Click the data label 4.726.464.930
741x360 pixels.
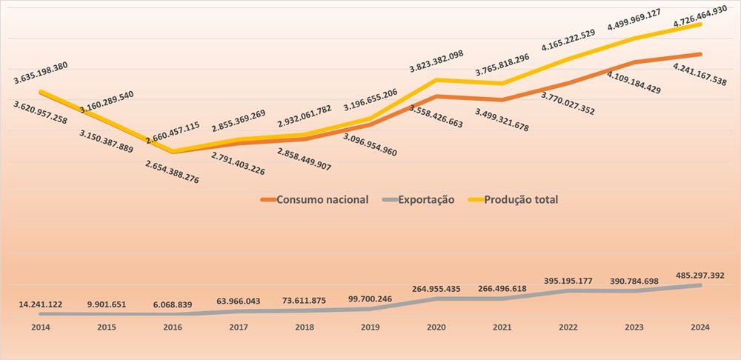pyautogui.click(x=662, y=11)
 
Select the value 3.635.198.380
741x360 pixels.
pyautogui.click(x=50, y=65)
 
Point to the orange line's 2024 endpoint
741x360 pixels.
pyautogui.click(x=700, y=54)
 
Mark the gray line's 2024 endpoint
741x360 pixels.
pyautogui.click(x=700, y=285)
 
